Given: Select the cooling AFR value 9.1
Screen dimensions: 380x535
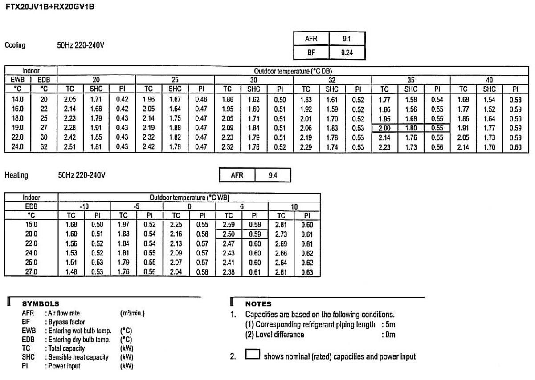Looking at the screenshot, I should pyautogui.click(x=347, y=39).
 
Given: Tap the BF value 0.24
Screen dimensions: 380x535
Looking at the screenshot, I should pyautogui.click(x=347, y=52).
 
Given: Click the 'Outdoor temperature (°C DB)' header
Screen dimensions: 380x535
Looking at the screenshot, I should pyautogui.click(x=293, y=71).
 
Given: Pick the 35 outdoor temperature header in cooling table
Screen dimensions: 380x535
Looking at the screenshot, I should pyautogui.click(x=411, y=77).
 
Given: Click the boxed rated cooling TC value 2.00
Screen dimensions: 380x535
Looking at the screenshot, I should pyautogui.click(x=384, y=127).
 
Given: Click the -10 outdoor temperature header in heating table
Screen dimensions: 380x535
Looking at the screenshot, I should pyautogui.click(x=84, y=207).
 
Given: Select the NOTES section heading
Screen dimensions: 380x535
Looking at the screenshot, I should pyautogui.click(x=258, y=304).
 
